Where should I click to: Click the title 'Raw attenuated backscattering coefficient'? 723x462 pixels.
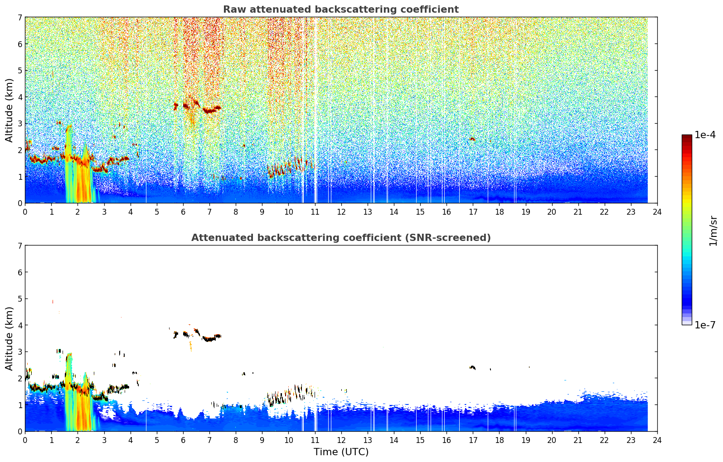point(341,10)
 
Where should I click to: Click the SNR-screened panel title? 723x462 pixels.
point(341,237)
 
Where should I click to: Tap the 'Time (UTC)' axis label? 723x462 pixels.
point(341,452)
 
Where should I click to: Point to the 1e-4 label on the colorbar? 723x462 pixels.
point(705,135)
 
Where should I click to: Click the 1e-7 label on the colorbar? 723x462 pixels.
point(705,325)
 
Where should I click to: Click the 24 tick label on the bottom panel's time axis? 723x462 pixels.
point(657,440)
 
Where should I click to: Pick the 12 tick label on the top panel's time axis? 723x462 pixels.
point(341,212)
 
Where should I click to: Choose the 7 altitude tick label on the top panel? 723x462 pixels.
point(20,17)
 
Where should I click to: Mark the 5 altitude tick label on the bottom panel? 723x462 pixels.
point(20,299)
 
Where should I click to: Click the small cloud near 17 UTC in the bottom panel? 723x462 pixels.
point(472,367)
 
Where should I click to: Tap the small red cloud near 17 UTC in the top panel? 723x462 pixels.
point(472,139)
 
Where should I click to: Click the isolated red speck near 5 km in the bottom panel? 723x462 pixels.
point(53,302)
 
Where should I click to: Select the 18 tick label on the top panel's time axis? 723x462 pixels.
point(500,212)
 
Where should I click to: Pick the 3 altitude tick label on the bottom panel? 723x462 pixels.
point(20,351)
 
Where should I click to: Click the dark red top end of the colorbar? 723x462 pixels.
point(687,137)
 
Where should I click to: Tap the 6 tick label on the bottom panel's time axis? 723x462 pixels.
point(183,440)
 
